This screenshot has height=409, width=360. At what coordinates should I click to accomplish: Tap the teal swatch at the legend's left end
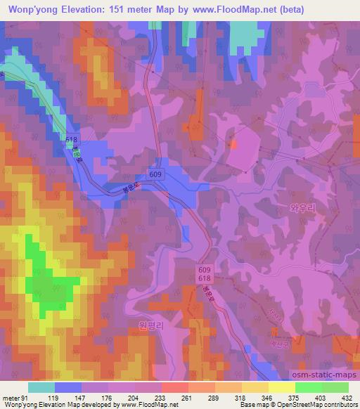point(41,387)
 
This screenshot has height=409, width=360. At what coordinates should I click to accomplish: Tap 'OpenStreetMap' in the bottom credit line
point(295,405)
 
